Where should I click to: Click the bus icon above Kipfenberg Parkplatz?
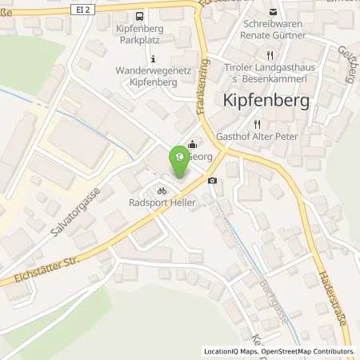click(141, 16)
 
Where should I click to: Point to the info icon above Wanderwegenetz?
click(153, 58)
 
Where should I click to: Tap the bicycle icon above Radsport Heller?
click(162, 190)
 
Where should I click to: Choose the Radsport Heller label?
click(163, 202)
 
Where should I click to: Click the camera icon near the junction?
click(211, 181)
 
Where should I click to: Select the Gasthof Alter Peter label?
click(274, 137)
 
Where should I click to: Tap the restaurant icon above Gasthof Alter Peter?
click(258, 124)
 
